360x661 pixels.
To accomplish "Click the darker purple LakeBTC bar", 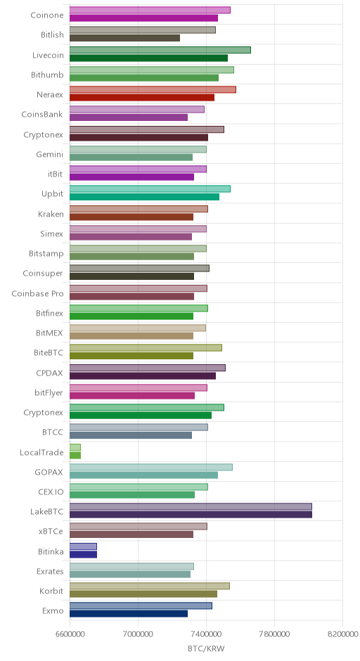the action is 191,514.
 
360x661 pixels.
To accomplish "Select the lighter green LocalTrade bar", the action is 75,447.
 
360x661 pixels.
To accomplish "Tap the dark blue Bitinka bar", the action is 83,554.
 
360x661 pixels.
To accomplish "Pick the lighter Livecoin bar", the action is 160,50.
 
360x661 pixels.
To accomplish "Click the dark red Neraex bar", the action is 142,97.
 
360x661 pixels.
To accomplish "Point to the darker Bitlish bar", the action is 124,38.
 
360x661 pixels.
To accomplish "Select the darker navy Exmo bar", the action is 129,614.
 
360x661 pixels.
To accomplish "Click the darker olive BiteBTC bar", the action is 131,356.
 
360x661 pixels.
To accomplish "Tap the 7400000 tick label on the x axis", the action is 206,634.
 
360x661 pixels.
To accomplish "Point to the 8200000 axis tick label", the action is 342,634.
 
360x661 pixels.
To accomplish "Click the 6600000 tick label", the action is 70,634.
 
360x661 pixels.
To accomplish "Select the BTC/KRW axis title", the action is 206,649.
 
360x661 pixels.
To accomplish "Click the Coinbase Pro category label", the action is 37,293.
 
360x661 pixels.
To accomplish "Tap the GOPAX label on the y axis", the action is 49,472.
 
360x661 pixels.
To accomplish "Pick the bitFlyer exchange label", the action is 49,393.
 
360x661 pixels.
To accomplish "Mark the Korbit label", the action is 51,591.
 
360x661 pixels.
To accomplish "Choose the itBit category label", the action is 56,174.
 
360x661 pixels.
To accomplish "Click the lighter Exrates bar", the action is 131,566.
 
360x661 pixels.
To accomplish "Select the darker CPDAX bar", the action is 143,376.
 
